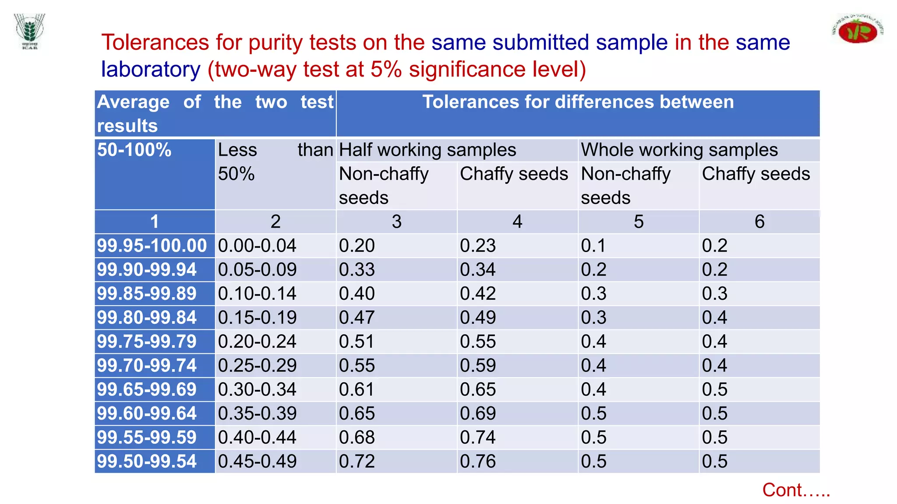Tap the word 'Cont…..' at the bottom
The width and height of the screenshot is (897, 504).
[x=796, y=490]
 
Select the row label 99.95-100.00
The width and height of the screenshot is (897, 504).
[x=152, y=245]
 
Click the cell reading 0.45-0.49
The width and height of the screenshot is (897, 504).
[x=258, y=462]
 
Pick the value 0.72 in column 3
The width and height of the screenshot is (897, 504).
[x=357, y=462]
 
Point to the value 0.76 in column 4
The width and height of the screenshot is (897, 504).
[x=478, y=462]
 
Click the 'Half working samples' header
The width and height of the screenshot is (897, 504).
[x=427, y=150]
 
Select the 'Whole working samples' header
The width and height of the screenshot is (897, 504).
[x=679, y=150]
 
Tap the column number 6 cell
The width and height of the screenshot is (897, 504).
[x=759, y=222]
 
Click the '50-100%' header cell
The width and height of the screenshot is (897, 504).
[x=134, y=150]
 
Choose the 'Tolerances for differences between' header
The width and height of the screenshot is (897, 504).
[x=578, y=102]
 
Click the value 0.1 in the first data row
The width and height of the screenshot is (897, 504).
[x=593, y=245]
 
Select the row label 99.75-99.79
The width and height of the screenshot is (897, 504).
[x=147, y=342]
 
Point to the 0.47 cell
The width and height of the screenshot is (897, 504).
[x=357, y=318]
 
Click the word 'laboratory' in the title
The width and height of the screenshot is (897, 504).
[x=151, y=69]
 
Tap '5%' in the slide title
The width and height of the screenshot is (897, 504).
[x=386, y=69]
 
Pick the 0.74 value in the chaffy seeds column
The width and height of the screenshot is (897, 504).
[x=478, y=437]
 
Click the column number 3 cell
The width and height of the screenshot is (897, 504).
[x=396, y=222]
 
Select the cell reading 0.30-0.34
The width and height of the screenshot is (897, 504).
[x=258, y=389]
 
